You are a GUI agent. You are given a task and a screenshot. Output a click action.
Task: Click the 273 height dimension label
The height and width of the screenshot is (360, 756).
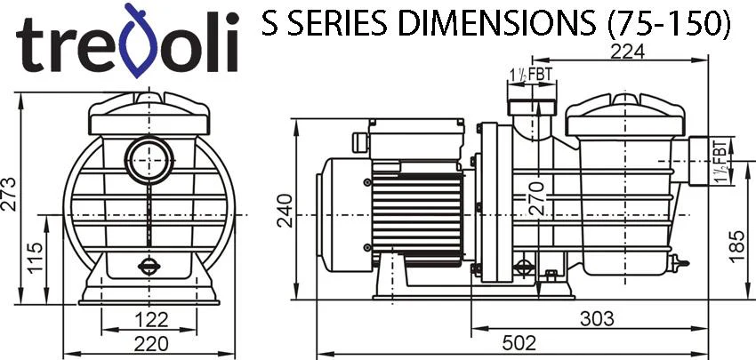[x=9, y=195]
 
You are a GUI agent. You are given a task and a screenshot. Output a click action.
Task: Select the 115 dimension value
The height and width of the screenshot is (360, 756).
[x=35, y=258]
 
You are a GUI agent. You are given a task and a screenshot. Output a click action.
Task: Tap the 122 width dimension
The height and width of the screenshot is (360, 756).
[x=151, y=320]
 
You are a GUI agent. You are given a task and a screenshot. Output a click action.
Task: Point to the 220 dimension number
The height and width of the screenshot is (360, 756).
[x=151, y=344]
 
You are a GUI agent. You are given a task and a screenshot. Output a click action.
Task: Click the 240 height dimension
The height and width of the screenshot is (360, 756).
[x=285, y=210]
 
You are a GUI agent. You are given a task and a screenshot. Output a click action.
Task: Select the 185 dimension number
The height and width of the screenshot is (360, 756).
[x=737, y=246]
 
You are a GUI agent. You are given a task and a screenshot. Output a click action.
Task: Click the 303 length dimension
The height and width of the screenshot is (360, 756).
[x=597, y=318]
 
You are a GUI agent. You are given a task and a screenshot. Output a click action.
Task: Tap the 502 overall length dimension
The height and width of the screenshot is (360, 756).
[x=519, y=343]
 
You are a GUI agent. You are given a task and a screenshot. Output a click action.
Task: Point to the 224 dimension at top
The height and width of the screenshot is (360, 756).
[x=627, y=52]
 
